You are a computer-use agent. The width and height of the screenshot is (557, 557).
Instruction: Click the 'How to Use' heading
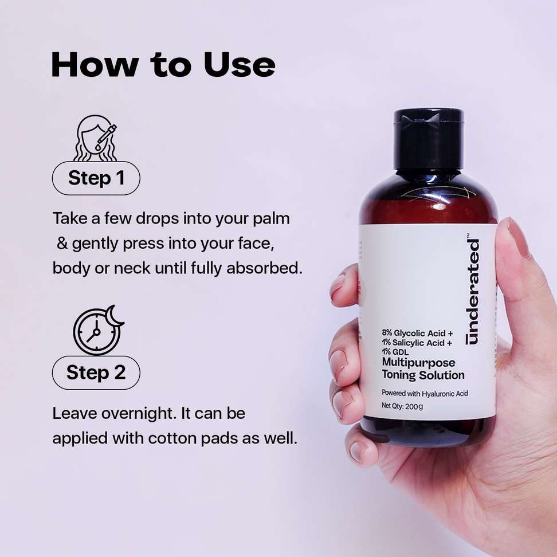(163, 65)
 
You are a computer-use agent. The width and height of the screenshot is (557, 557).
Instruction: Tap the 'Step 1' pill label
(96, 178)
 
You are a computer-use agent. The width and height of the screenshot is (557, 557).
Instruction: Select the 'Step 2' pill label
(96, 372)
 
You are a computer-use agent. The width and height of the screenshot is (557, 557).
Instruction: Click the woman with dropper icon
(95, 138)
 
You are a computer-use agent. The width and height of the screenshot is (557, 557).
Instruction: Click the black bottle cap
(429, 138)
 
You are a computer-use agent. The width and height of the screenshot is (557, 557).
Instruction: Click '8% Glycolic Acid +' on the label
(417, 333)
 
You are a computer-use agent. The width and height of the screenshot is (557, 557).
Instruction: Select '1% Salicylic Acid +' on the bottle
(417, 343)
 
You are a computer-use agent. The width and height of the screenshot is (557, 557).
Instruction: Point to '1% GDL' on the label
(395, 352)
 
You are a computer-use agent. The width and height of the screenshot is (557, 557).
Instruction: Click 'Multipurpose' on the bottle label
(418, 363)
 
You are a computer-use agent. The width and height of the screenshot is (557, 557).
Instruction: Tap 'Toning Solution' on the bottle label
(423, 375)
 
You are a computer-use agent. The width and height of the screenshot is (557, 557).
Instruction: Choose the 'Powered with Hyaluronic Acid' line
(425, 393)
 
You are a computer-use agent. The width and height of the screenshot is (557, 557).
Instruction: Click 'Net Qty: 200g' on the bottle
(402, 406)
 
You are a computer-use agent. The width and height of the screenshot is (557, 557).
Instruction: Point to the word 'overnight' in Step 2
(139, 414)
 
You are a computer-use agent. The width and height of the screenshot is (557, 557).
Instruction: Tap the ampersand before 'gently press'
(62, 244)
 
